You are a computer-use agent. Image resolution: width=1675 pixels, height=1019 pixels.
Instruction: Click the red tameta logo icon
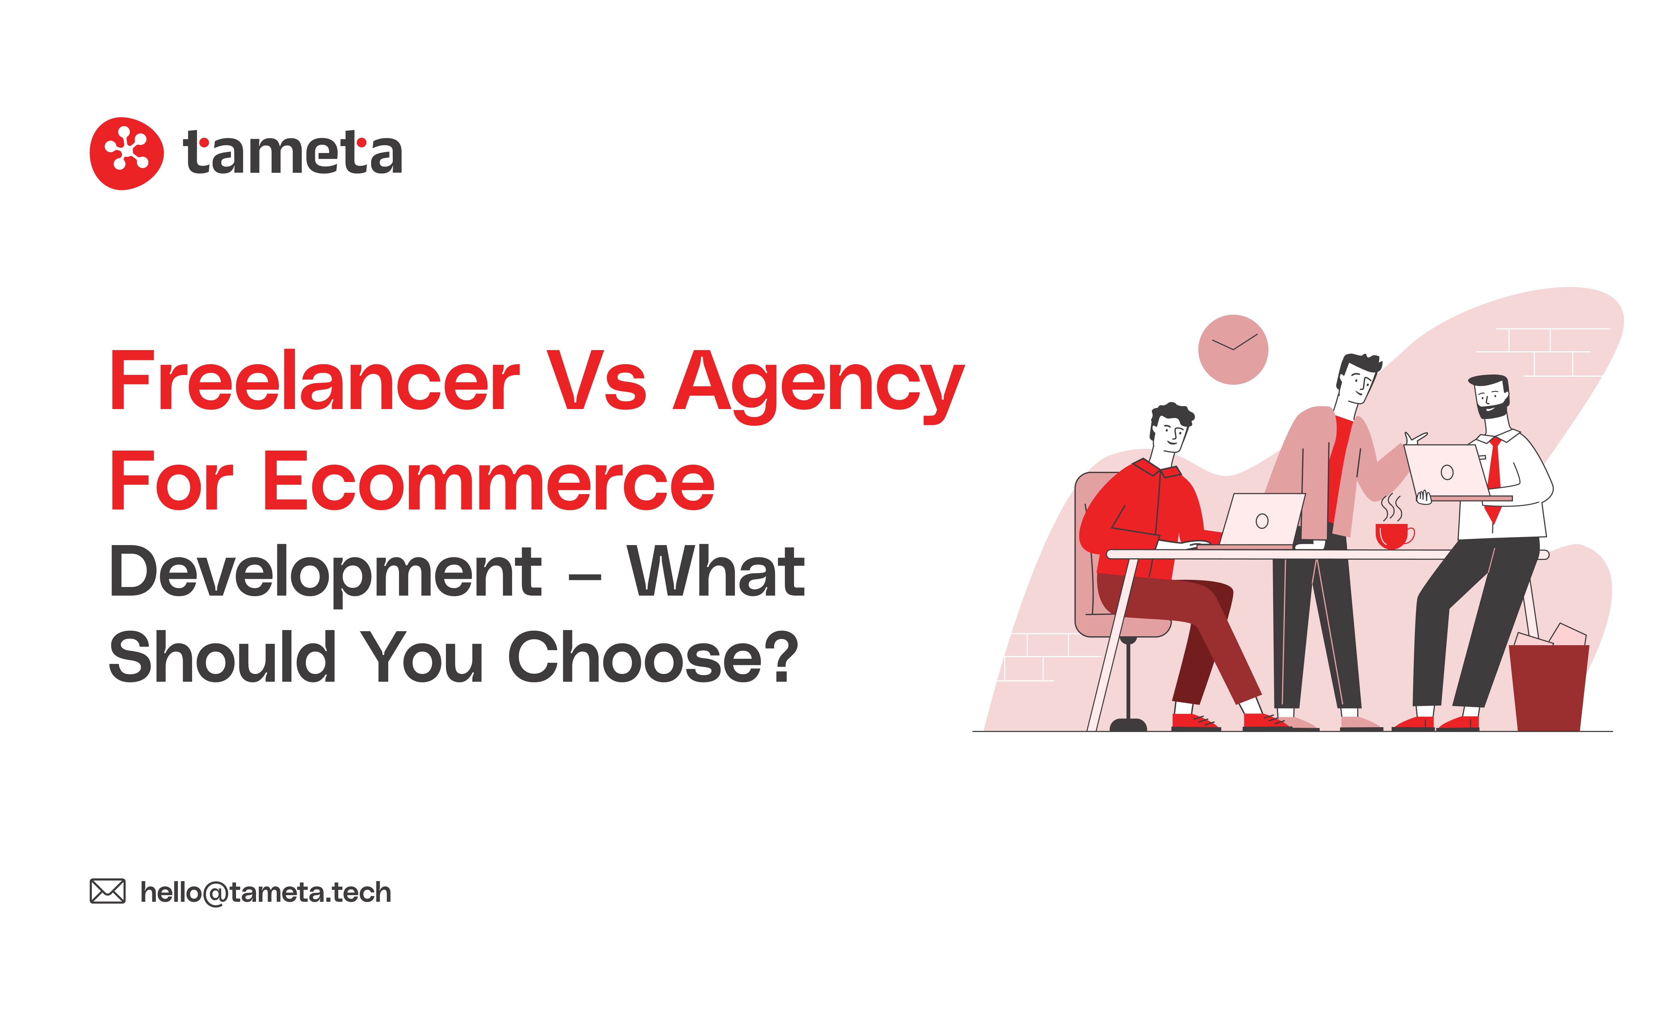pyautogui.click(x=127, y=153)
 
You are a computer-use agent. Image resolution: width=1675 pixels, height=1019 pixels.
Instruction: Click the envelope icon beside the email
pyautogui.click(x=107, y=891)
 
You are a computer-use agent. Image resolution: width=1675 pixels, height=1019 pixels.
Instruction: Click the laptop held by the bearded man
pyautogui.click(x=1446, y=472)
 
